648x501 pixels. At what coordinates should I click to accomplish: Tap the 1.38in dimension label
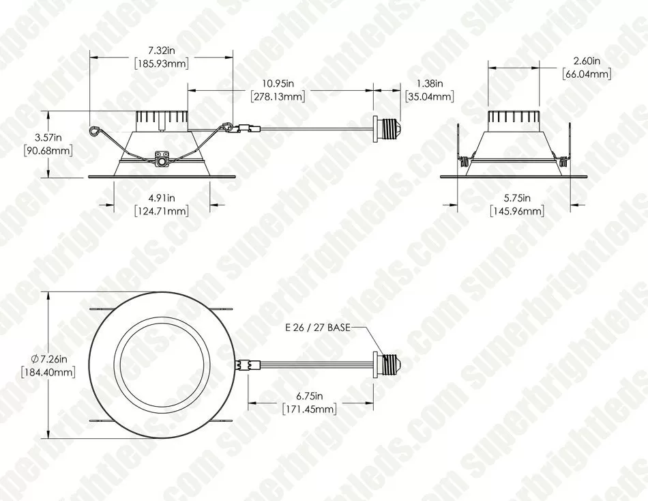[429, 84]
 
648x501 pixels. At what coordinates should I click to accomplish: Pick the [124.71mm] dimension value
[162, 211]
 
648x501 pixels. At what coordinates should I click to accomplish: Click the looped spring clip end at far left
[94, 127]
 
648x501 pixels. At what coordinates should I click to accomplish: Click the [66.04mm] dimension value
[587, 74]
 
